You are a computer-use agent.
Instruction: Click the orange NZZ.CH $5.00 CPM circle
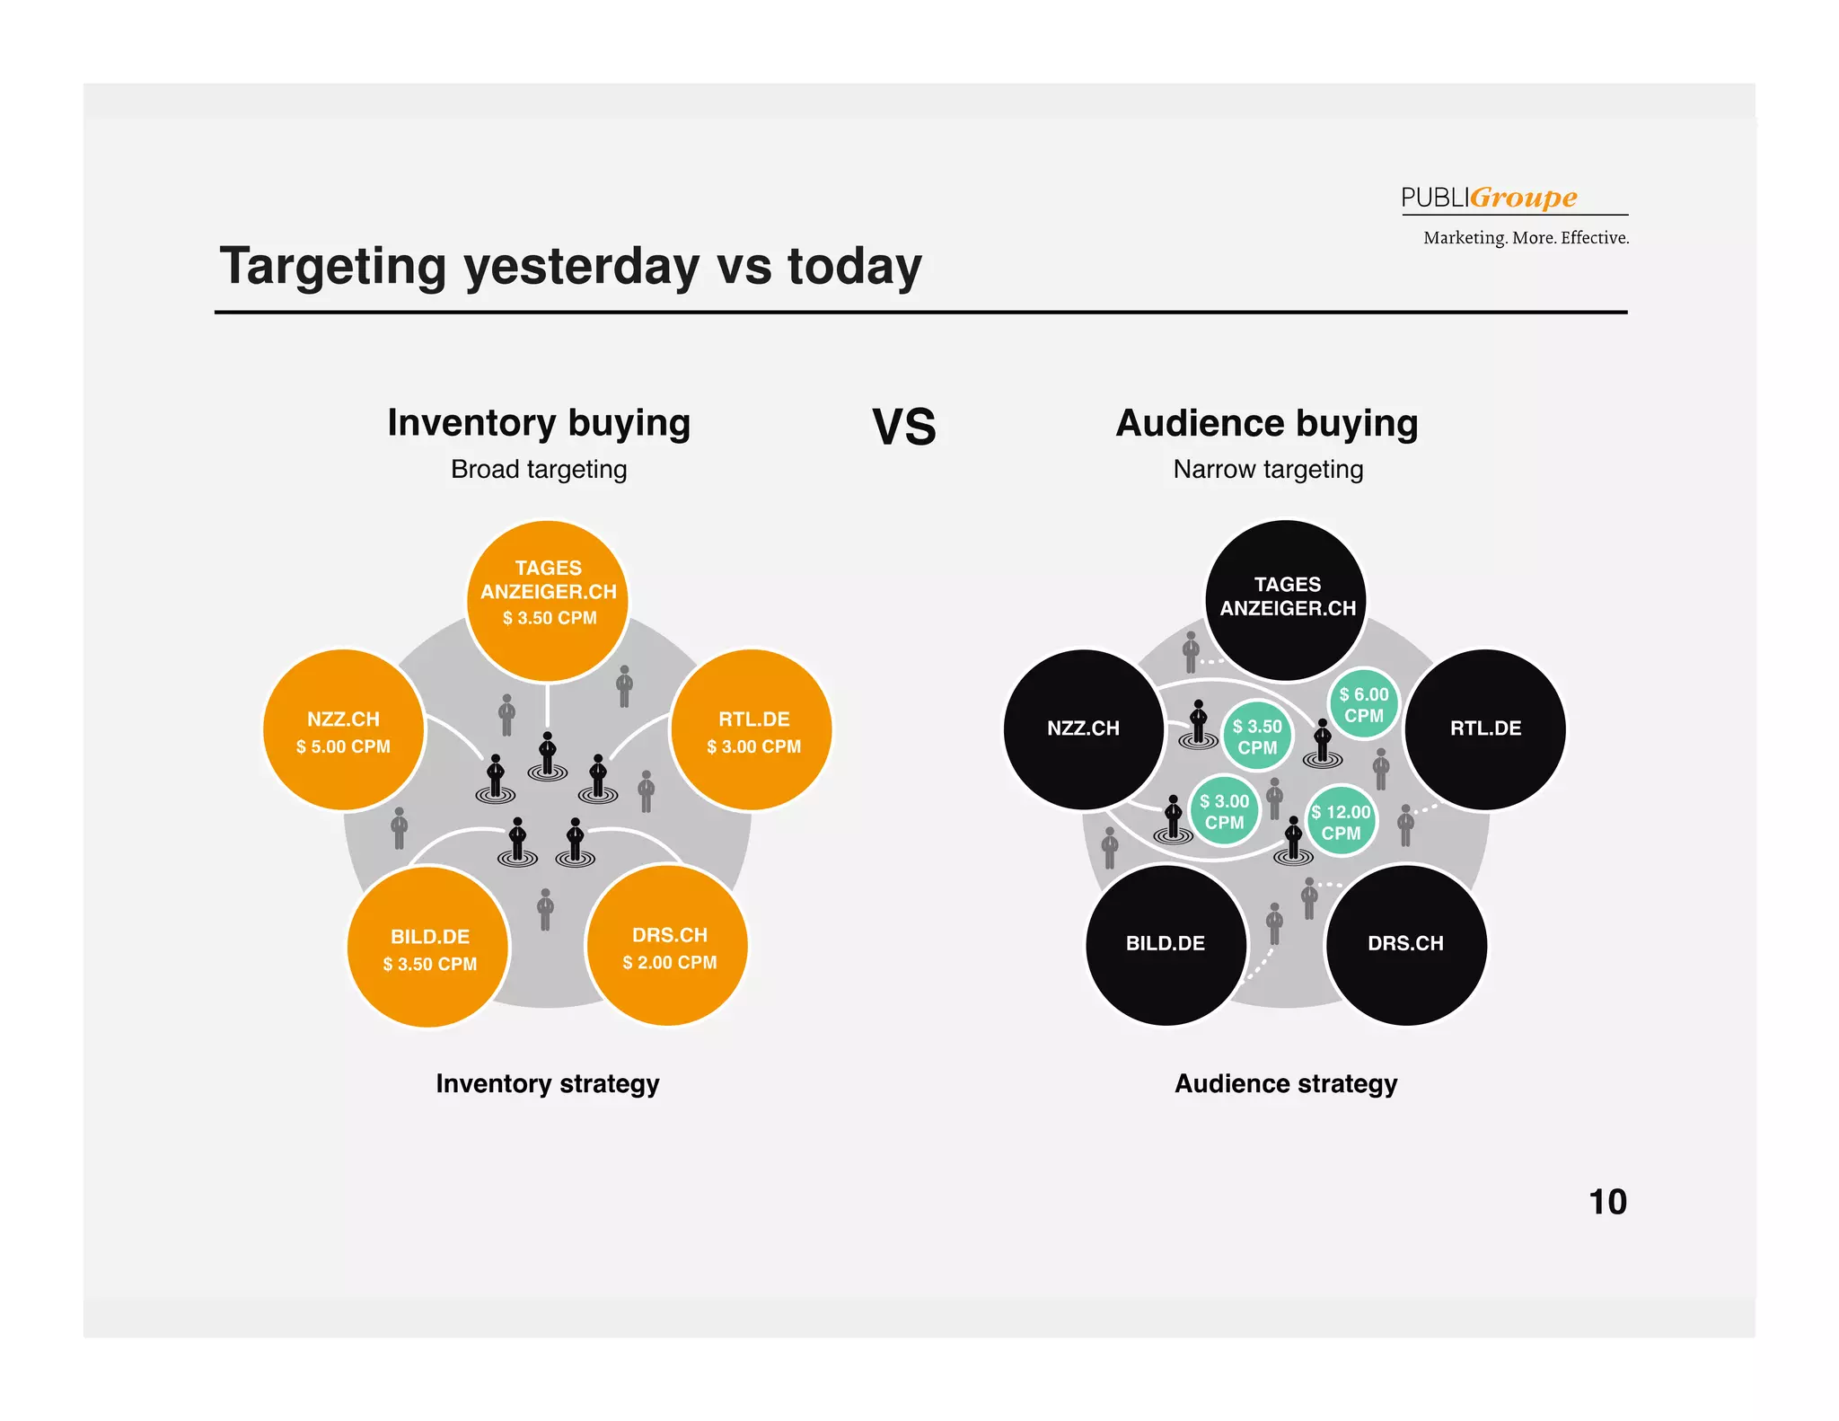tap(344, 730)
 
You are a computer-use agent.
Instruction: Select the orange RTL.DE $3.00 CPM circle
tap(752, 730)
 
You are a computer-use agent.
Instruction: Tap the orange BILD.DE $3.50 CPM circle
tap(429, 948)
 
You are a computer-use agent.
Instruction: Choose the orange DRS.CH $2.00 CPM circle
tap(669, 946)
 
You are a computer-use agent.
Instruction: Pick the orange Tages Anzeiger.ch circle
tap(548, 601)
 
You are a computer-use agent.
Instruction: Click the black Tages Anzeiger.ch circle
tap(1286, 600)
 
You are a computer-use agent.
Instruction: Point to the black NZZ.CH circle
tap(1084, 728)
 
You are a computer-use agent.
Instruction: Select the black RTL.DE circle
tap(1485, 728)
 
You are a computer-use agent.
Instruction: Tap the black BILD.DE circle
tap(1166, 944)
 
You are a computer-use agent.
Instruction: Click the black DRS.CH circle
tap(1405, 944)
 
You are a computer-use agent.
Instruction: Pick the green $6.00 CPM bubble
tap(1364, 705)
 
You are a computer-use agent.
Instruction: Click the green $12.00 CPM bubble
tap(1341, 822)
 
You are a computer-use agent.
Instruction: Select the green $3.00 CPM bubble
tap(1225, 811)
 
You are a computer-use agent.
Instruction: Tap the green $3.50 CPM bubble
tap(1257, 737)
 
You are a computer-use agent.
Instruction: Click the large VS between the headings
tap(904, 428)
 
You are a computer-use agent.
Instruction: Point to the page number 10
tap(1607, 1202)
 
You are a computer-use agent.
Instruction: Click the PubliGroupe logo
tap(1489, 198)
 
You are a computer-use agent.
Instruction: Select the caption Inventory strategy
tap(548, 1084)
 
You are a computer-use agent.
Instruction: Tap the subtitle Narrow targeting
tap(1268, 470)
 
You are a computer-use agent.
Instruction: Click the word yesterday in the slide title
tap(581, 267)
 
